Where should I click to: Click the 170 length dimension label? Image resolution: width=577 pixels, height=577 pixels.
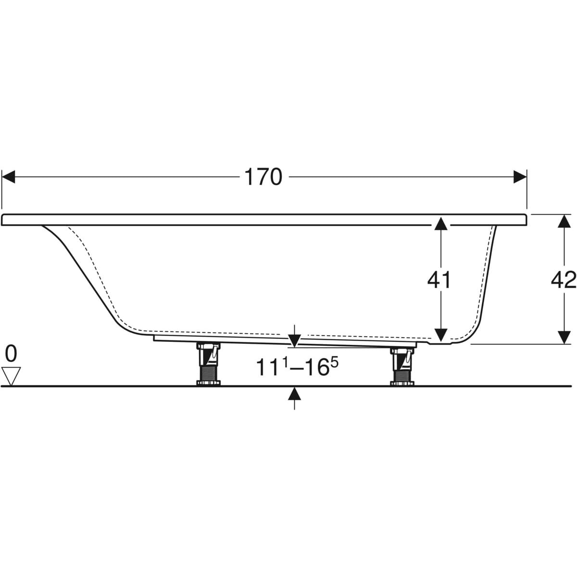(x=263, y=177)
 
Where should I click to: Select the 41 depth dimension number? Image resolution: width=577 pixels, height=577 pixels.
(x=439, y=280)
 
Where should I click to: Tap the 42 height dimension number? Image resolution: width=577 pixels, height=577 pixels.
(x=564, y=280)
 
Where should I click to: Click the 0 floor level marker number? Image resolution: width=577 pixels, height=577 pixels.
(x=11, y=353)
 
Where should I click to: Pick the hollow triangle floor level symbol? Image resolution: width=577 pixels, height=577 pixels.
(x=11, y=376)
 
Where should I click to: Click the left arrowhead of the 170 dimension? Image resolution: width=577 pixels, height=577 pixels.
(x=8, y=176)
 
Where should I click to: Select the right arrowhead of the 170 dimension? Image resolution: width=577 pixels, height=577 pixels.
(x=520, y=176)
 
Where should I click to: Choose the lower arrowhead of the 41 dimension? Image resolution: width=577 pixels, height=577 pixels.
(x=441, y=335)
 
